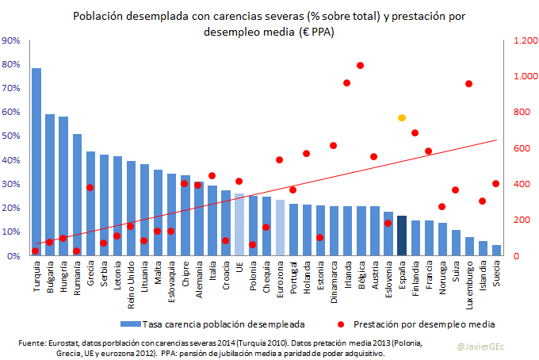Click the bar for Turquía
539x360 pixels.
tap(36, 162)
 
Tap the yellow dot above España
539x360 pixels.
tap(402, 117)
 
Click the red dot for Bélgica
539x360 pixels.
tap(361, 66)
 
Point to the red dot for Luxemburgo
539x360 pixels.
tap(469, 84)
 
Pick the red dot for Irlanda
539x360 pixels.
tap(347, 82)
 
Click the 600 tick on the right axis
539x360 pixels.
tap(522, 148)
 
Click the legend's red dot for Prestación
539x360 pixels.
tap(338, 324)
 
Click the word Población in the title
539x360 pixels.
tap(99, 16)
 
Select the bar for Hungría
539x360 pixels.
tap(63, 186)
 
